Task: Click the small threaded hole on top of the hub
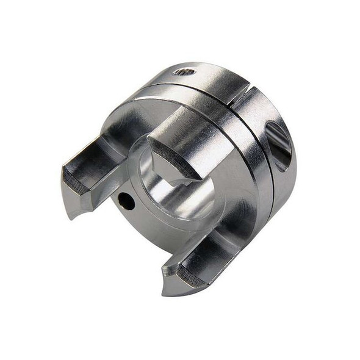click(184, 71)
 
